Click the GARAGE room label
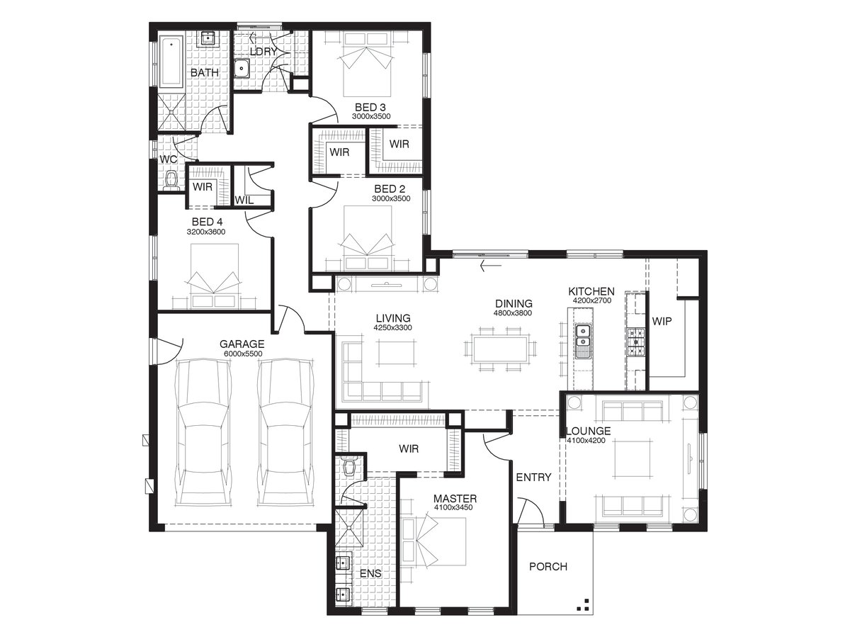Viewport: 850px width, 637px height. pyautogui.click(x=242, y=344)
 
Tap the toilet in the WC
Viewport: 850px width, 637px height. pyautogui.click(x=171, y=181)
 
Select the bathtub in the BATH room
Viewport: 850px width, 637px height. pyautogui.click(x=171, y=62)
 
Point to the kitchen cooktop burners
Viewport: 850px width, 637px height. pyautogui.click(x=636, y=342)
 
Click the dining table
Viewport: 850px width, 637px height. pyautogui.click(x=500, y=349)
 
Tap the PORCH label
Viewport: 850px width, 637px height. pyautogui.click(x=548, y=567)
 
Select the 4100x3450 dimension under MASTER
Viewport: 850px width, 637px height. pyautogui.click(x=453, y=507)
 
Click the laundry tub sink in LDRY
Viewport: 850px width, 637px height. pyautogui.click(x=242, y=69)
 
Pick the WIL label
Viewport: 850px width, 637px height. pyautogui.click(x=244, y=201)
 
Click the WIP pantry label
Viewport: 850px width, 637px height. pyautogui.click(x=662, y=321)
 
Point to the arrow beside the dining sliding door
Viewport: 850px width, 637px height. pyautogui.click(x=491, y=266)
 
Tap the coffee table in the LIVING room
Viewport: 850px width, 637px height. pyautogui.click(x=397, y=352)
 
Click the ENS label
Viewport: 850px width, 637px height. pyautogui.click(x=370, y=573)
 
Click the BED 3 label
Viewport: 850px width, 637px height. pyautogui.click(x=370, y=107)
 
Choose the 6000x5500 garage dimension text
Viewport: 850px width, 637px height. pyautogui.click(x=243, y=354)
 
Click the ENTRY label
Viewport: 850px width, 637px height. pyautogui.click(x=533, y=477)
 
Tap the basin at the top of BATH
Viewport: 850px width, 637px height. pyautogui.click(x=208, y=39)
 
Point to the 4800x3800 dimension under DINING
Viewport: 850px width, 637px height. pyautogui.click(x=513, y=313)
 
